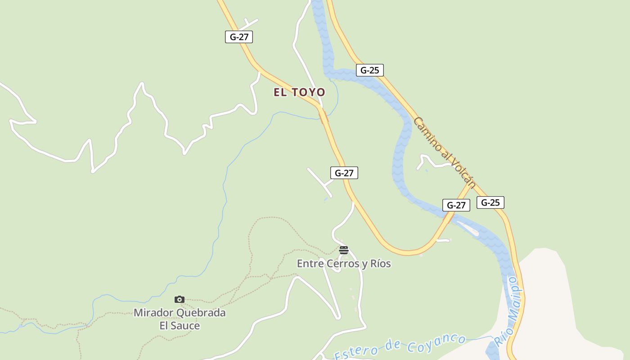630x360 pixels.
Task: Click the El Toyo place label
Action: (299, 92)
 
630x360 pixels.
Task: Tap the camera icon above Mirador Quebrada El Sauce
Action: (180, 299)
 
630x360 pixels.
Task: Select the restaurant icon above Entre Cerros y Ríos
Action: (344, 250)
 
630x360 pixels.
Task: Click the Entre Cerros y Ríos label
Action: (344, 264)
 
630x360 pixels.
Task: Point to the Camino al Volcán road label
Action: (444, 153)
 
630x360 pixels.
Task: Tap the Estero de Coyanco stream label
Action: (400, 347)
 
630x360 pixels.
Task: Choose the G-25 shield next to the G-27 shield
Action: (490, 202)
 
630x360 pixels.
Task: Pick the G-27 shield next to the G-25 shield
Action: (456, 205)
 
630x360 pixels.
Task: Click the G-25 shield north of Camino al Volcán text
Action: (369, 70)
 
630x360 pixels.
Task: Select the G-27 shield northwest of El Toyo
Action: (239, 37)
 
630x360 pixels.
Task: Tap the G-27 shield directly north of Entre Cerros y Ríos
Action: (344, 173)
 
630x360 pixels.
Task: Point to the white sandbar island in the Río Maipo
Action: (468, 228)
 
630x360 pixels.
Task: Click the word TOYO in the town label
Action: (308, 92)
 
